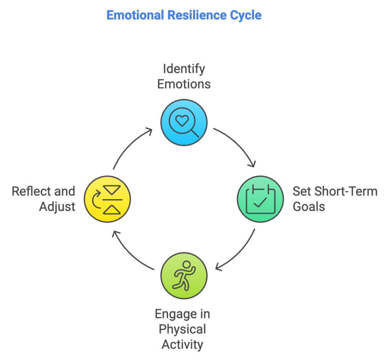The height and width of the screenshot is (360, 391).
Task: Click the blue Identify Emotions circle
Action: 184,122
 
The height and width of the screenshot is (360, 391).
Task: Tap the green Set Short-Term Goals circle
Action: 261,199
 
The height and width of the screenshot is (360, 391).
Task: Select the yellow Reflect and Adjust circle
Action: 107,199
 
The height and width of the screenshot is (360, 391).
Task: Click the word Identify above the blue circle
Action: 184,69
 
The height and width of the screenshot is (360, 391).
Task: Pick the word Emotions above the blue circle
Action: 184,84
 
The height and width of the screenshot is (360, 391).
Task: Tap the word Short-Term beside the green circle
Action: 347,191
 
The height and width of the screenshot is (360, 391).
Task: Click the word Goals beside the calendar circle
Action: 309,207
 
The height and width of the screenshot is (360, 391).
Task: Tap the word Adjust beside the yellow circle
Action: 57,207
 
